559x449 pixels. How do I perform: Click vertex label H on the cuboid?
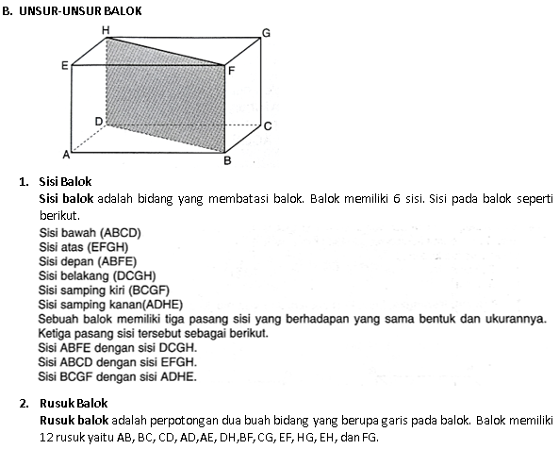pos(106,30)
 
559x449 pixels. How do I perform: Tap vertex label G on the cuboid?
pos(266,33)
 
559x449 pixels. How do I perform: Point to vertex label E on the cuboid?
pos(64,66)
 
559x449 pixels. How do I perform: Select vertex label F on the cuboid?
pos(232,70)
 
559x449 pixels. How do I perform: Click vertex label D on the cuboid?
pos(99,121)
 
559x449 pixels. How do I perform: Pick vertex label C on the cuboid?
pos(268,125)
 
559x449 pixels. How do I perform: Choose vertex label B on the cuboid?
pos(227,160)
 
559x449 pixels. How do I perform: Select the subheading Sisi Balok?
pos(70,181)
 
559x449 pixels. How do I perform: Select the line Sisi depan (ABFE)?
pos(89,261)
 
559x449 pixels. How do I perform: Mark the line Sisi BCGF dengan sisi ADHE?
pos(117,377)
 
